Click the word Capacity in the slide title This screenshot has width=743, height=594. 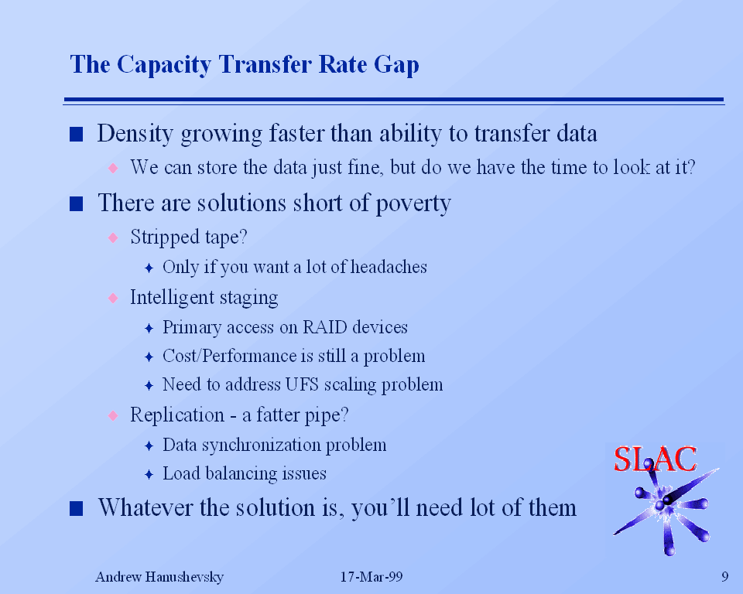point(164,65)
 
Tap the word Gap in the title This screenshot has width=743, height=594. point(396,65)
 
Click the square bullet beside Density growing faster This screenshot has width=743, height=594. point(77,135)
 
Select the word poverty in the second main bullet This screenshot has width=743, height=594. point(413,203)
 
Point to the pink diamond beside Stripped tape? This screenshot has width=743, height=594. point(113,237)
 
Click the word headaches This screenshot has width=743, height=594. point(389,267)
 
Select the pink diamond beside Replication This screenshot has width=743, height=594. point(113,415)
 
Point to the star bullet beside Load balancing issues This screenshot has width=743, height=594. point(149,474)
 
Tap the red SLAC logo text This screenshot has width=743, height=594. point(655,459)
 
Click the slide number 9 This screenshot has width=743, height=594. point(724,576)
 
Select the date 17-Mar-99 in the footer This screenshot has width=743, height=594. point(371,576)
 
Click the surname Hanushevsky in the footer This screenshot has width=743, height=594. point(184,577)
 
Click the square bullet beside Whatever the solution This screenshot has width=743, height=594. point(77,509)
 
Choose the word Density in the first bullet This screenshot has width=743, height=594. point(135,134)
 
